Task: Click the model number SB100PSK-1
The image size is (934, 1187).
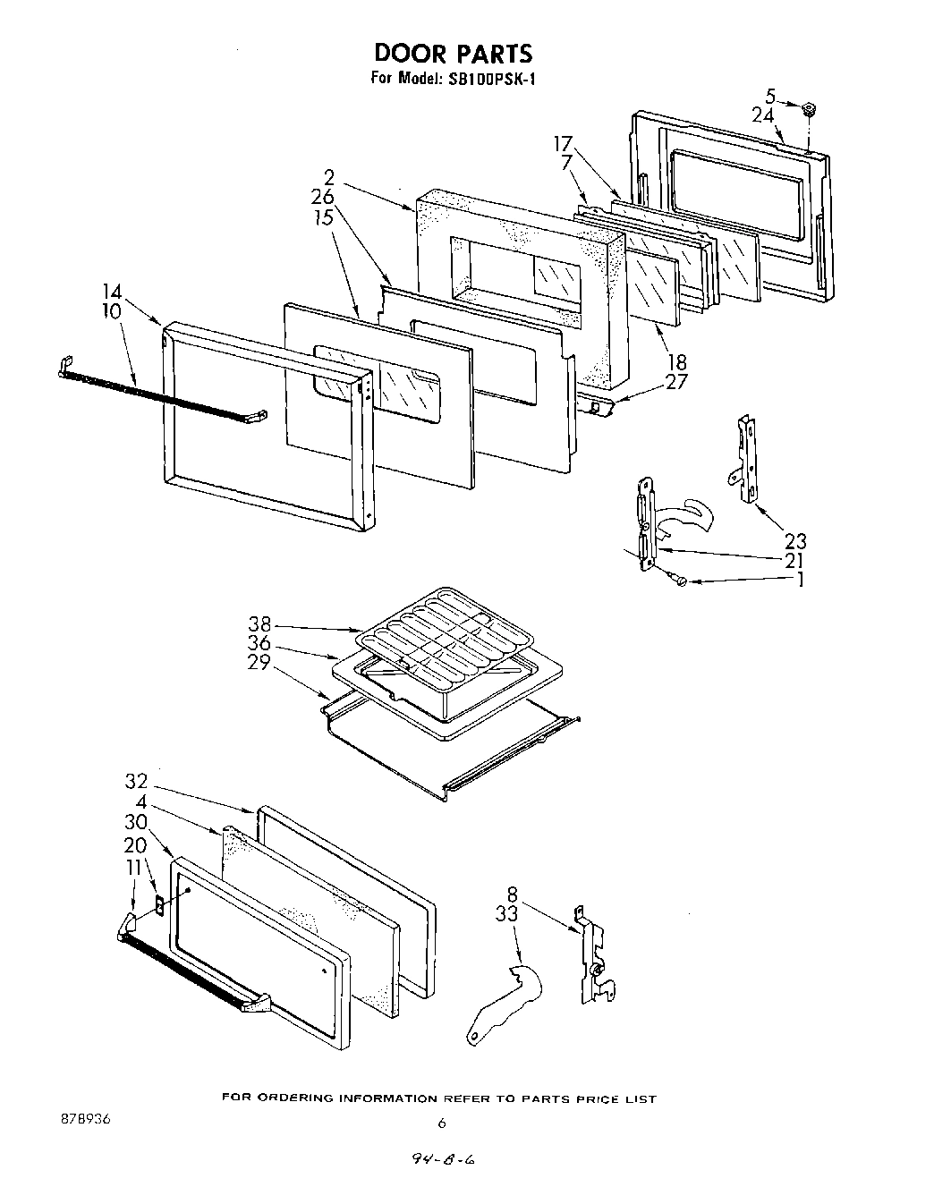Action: (491, 79)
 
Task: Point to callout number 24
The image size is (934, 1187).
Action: (762, 114)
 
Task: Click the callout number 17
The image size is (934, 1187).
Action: (562, 143)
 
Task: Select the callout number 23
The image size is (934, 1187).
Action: (794, 540)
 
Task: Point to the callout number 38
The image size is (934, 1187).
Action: (259, 625)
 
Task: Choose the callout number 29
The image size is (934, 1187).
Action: (259, 663)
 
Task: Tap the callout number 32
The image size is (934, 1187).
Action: (136, 781)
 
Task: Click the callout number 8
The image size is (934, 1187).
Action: (512, 893)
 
